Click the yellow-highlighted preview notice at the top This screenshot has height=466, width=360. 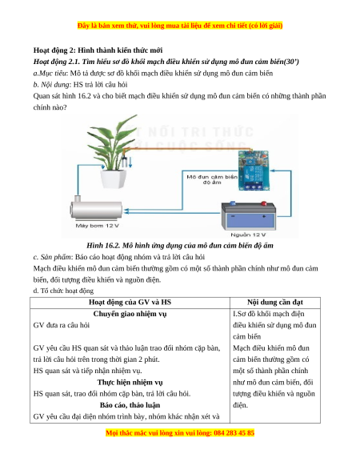click(180, 26)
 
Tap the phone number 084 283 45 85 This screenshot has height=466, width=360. click(234, 432)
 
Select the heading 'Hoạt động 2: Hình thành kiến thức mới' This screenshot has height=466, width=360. click(98, 50)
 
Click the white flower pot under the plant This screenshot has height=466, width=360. click(113, 179)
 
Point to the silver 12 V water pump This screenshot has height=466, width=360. click(96, 207)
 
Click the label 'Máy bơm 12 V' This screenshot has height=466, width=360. click(97, 226)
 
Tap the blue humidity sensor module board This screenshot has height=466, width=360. click(254, 171)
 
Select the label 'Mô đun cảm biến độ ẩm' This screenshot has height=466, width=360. click(212, 179)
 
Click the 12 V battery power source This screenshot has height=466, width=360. click(249, 215)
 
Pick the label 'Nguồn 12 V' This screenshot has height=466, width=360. click(248, 235)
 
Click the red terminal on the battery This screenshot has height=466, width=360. click(263, 203)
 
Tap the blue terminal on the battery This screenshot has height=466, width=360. click(233, 203)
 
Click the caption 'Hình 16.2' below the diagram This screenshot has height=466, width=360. click(180, 246)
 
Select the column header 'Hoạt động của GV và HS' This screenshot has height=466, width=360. click(130, 302)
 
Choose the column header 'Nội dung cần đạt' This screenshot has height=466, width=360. click(275, 302)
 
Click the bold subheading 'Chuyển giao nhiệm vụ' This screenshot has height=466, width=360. click(130, 314)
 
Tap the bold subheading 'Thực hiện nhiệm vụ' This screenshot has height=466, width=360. click(130, 382)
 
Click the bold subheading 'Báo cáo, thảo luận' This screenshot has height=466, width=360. click(130, 405)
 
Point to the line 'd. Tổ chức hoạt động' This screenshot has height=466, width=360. click(63, 291)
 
